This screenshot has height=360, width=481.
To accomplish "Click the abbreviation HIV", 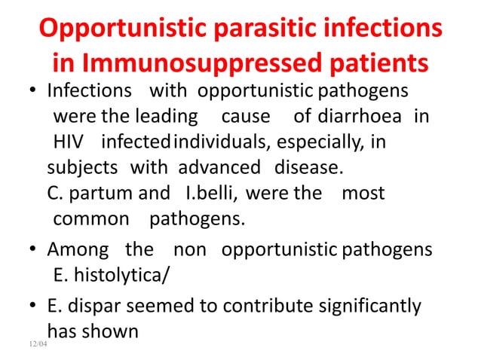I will pyautogui.click(x=69, y=142).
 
